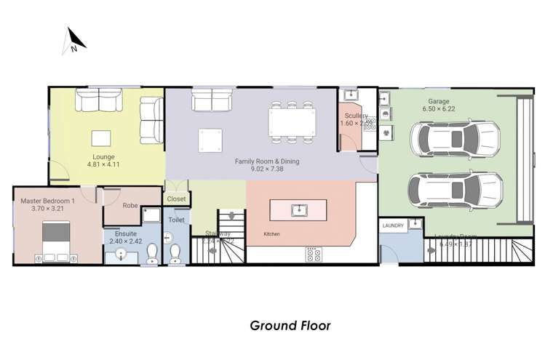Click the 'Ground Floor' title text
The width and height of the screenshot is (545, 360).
point(290,325)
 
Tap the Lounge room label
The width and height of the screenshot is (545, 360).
point(103,156)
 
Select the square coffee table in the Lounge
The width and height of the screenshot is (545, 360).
point(101,137)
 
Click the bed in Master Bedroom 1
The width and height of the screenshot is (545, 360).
point(57,244)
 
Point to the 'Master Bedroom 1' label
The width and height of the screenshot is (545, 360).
point(47,201)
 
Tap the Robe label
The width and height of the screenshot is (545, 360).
point(130,205)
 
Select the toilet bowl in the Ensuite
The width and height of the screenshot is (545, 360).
point(153,252)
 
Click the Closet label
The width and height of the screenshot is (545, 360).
point(176,199)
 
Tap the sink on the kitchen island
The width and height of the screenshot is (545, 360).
point(299,210)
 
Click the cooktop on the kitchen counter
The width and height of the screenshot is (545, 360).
point(314,254)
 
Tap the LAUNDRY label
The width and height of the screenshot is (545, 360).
point(393,226)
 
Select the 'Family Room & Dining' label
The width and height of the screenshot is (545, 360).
point(266,161)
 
